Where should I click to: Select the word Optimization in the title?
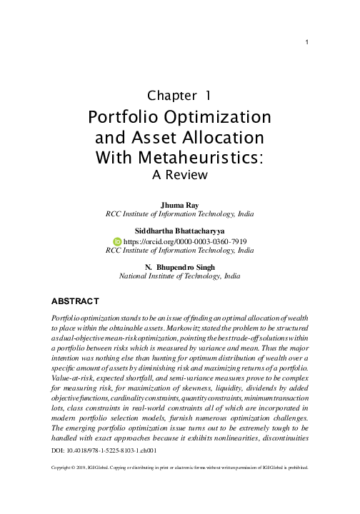click(x=224, y=116)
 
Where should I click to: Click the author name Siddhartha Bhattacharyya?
click(x=179, y=231)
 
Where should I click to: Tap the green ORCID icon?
click(x=118, y=241)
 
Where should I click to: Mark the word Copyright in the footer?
click(x=65, y=469)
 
